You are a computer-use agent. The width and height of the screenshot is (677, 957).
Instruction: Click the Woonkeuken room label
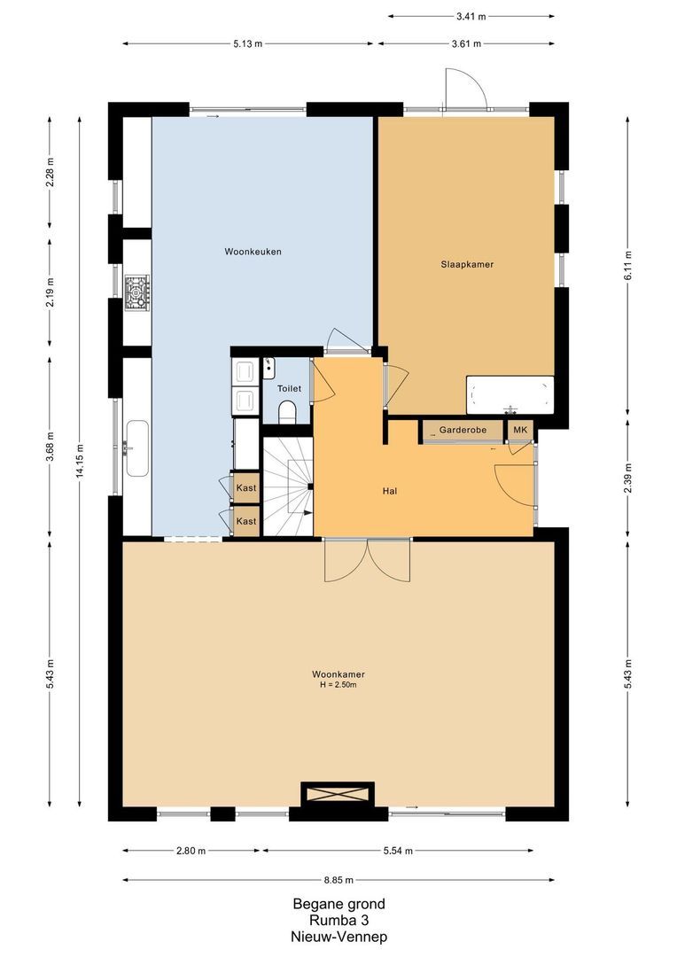(x=253, y=253)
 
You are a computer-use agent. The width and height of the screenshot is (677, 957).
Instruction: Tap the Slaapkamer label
(x=467, y=264)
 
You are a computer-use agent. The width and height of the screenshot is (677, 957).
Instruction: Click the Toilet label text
(x=289, y=388)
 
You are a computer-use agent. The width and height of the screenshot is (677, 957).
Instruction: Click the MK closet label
(x=520, y=431)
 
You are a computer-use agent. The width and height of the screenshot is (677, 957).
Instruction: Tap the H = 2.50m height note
(x=338, y=685)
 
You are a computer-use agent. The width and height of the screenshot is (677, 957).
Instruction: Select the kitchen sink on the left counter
(x=136, y=448)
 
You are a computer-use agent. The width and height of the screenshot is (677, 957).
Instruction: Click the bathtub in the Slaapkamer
(x=510, y=394)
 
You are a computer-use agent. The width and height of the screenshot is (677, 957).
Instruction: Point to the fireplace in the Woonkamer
(x=338, y=794)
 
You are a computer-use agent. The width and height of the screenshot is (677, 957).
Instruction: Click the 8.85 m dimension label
(x=338, y=880)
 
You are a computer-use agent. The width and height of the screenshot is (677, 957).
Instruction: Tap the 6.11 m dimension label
(x=627, y=264)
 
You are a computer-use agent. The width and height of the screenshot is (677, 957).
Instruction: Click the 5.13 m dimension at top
(x=249, y=43)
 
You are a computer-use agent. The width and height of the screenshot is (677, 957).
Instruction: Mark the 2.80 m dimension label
(x=191, y=851)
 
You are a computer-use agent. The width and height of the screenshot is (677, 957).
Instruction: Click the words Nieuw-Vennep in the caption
(x=338, y=936)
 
